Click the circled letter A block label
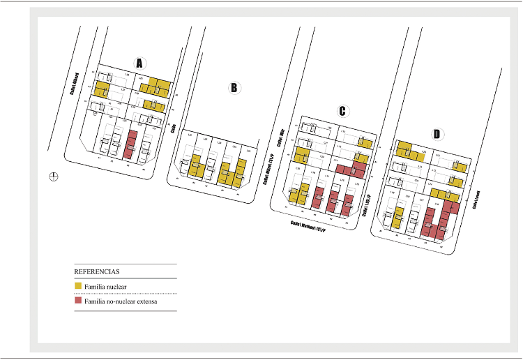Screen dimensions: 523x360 [x=139, y=63]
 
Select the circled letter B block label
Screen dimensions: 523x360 [x=234, y=87]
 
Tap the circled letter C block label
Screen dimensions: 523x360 [x=342, y=111]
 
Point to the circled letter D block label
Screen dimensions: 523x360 [x=437, y=134]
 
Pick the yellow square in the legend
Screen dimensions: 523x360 [x=77, y=286]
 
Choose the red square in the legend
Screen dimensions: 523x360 [x=77, y=301]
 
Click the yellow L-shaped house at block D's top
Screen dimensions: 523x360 [x=407, y=150]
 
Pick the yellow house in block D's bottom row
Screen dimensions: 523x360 [x=398, y=217]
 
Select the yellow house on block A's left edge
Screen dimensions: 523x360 [x=103, y=89]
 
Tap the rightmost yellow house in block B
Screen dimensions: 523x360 [x=241, y=172]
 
